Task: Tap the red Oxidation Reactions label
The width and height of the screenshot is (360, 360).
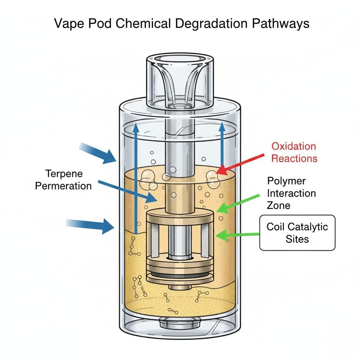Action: (x=294, y=152)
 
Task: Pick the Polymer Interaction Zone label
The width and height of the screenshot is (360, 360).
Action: (x=291, y=193)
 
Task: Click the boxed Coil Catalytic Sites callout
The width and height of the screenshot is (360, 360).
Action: (x=297, y=232)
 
